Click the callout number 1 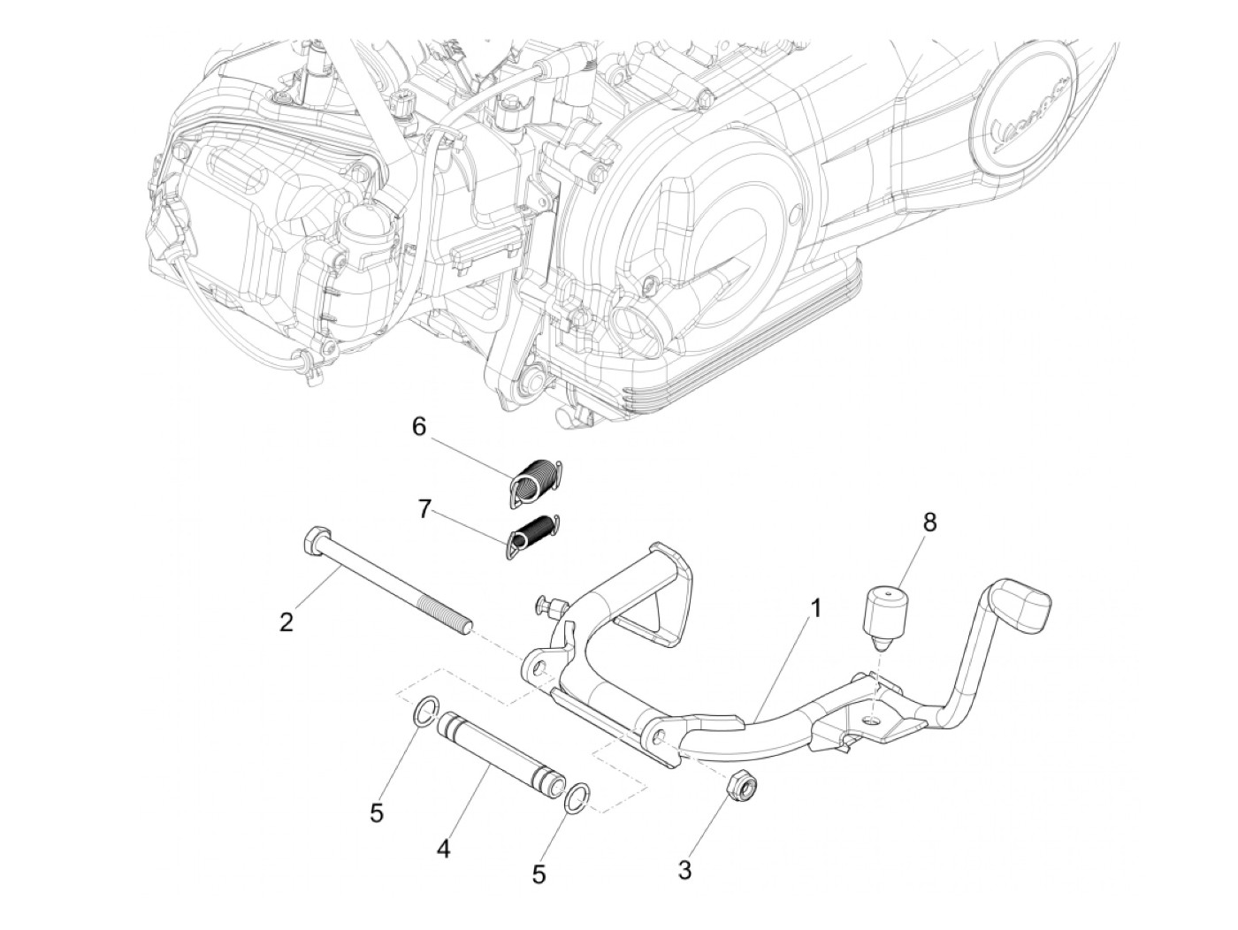click(x=816, y=609)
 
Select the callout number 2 click(x=286, y=622)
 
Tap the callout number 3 click(x=684, y=870)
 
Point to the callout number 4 click(x=443, y=850)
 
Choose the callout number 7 click(x=425, y=510)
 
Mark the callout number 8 click(x=928, y=522)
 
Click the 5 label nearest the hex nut click(x=539, y=874)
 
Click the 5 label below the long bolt click(x=377, y=812)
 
